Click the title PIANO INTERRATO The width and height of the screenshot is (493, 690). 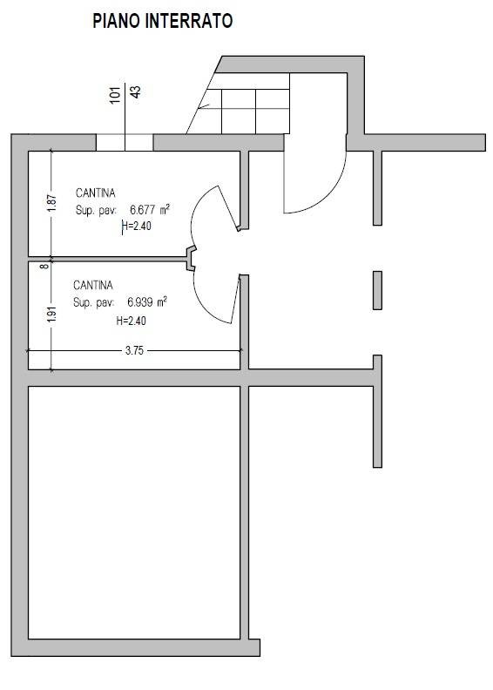[x=162, y=21]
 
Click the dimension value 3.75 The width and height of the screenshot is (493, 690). [x=134, y=350]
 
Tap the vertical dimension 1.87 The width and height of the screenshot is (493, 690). [x=52, y=203]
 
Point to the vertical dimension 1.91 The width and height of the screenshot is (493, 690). [x=52, y=315]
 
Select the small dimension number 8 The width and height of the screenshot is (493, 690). [x=44, y=266]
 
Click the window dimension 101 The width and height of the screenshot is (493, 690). [x=115, y=95]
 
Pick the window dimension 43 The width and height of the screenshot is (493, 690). [x=136, y=91]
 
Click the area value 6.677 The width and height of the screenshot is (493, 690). [x=142, y=208]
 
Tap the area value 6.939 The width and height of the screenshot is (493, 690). [x=140, y=301]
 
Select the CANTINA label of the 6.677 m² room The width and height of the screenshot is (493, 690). [x=96, y=193]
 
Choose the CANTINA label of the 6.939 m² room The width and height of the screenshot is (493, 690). [x=93, y=285]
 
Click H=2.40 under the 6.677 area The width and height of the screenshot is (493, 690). [x=137, y=226]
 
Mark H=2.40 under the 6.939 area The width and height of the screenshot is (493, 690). [x=131, y=321]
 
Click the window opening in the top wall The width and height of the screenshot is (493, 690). [x=125, y=143]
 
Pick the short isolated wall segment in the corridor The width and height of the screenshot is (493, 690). [x=377, y=290]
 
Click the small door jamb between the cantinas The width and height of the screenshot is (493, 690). [x=191, y=258]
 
